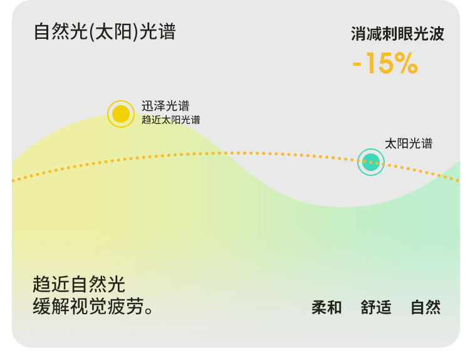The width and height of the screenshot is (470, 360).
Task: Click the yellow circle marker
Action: pyautogui.click(x=121, y=114)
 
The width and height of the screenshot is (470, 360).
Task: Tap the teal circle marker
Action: pyautogui.click(x=371, y=162)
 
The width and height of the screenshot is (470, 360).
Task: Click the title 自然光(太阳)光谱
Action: pyautogui.click(x=105, y=32)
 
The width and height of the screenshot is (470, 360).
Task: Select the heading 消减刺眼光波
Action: pyautogui.click(x=397, y=34)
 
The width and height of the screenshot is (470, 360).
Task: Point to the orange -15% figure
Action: pyautogui.click(x=385, y=63)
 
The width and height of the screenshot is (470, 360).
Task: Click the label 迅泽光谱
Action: pyautogui.click(x=165, y=106)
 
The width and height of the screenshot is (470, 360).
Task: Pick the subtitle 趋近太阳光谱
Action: pyautogui.click(x=171, y=120)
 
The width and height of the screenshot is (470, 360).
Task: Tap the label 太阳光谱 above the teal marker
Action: pyautogui.click(x=409, y=143)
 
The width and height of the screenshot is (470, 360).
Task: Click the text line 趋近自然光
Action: pyautogui.click(x=79, y=284)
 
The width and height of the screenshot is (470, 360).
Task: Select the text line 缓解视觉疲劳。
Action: pyautogui.click(x=93, y=306)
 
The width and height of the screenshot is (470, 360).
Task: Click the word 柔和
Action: pyautogui.click(x=326, y=307)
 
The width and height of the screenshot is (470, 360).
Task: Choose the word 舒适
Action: pyautogui.click(x=376, y=307)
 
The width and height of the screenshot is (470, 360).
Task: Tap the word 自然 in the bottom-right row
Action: pyautogui.click(x=426, y=307)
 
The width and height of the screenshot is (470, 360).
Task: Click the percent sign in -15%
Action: pyautogui.click(x=406, y=63)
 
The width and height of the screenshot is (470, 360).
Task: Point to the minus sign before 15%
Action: pyautogui.click(x=357, y=64)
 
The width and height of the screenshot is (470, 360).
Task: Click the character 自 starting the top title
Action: pyautogui.click(x=42, y=32)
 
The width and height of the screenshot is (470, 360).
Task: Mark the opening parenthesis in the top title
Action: pyautogui.click(x=92, y=32)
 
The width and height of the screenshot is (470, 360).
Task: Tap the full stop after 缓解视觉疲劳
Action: pyautogui.click(x=149, y=311)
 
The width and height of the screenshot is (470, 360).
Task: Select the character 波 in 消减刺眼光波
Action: pyautogui.click(x=436, y=34)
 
